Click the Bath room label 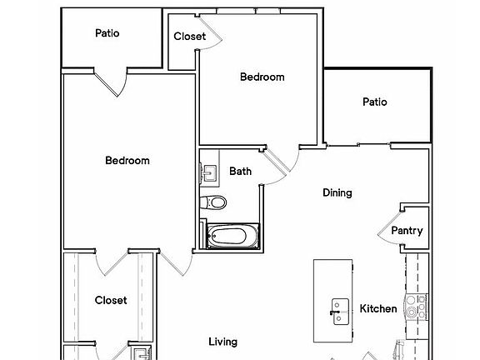(x=241, y=172)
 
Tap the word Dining (x=337, y=192)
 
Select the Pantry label (x=407, y=231)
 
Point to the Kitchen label (x=378, y=309)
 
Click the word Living (x=223, y=342)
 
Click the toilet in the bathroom (x=215, y=202)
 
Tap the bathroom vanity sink (x=208, y=173)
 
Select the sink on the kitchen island (x=340, y=311)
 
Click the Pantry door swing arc (x=390, y=233)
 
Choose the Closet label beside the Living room (x=111, y=300)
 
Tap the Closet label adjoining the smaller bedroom (x=189, y=37)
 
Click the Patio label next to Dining (x=375, y=102)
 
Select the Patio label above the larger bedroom (x=107, y=33)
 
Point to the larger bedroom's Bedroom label (x=127, y=161)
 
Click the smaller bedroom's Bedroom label (x=262, y=77)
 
